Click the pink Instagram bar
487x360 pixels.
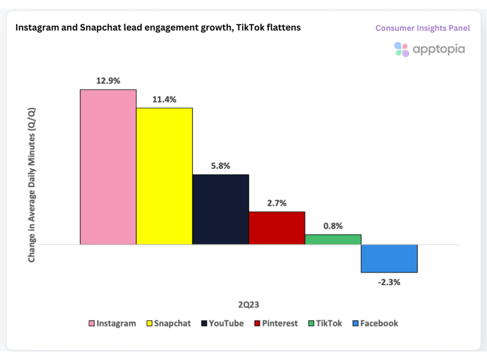tap(108, 167)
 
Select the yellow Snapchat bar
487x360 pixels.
tap(165, 176)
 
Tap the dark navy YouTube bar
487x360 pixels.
tap(221, 209)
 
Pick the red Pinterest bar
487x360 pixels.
tap(277, 228)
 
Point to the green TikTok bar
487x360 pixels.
tap(333, 239)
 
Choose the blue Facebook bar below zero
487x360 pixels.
tap(389, 258)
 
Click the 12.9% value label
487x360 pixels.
tap(108, 81)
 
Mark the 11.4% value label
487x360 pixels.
tap(164, 99)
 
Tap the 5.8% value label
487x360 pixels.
tap(220, 166)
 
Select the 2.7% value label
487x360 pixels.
tap(276, 203)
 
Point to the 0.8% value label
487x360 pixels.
tap(333, 226)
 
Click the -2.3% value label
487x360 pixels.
tap(389, 282)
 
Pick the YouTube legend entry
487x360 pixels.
tap(222, 323)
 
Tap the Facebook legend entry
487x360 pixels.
tap(375, 323)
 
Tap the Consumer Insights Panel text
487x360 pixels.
tap(422, 28)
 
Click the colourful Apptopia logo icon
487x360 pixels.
tap(401, 49)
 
